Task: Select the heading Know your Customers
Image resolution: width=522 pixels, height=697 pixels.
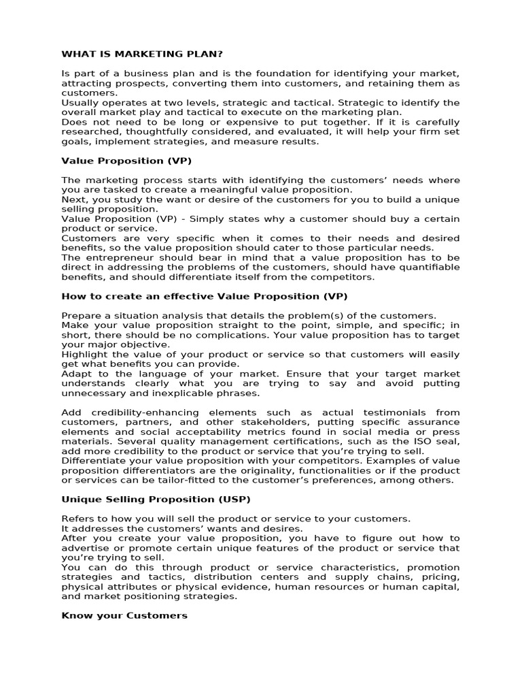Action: click(x=124, y=615)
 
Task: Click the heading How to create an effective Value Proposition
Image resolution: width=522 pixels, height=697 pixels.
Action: click(x=205, y=296)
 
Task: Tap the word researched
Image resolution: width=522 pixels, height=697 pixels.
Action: click(x=87, y=131)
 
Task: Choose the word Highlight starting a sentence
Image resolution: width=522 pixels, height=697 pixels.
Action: click(x=84, y=355)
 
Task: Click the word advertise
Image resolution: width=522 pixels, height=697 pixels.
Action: click(x=84, y=548)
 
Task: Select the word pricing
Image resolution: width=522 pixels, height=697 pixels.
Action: click(x=442, y=577)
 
